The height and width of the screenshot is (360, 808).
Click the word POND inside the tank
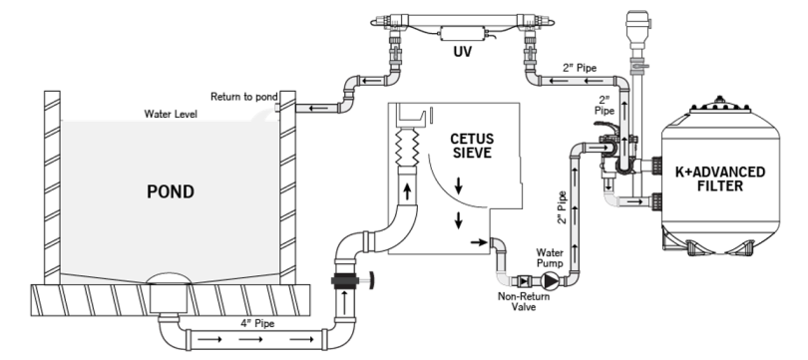[x=171, y=191]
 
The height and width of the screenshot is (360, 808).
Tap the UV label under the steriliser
[x=462, y=52]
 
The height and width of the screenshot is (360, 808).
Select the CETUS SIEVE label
[x=472, y=146]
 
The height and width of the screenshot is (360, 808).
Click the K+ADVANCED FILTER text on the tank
[x=720, y=179]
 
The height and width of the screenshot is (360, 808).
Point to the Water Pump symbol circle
[x=551, y=281]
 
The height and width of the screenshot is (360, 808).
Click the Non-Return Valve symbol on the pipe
[x=524, y=281]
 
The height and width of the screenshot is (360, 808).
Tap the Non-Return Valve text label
[x=523, y=302]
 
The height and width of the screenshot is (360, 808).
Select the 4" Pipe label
[x=257, y=323]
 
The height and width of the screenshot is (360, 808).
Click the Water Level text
[x=171, y=114]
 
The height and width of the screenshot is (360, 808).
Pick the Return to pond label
[x=244, y=97]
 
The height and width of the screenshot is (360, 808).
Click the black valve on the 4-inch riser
[x=346, y=280]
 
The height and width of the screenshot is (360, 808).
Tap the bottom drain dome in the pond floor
[x=169, y=278]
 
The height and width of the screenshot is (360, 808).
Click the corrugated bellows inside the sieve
[x=407, y=147]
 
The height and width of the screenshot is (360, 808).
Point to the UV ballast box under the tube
[x=462, y=35]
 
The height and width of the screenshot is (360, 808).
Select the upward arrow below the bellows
[x=407, y=192]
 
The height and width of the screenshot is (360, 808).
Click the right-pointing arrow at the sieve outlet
[x=479, y=242]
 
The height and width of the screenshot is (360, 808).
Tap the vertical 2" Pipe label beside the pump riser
[x=563, y=207]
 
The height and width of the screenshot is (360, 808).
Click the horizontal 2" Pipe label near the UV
[x=580, y=68]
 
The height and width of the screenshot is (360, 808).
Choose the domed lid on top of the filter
[x=720, y=104]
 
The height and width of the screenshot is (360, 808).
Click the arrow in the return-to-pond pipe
[x=316, y=108]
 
